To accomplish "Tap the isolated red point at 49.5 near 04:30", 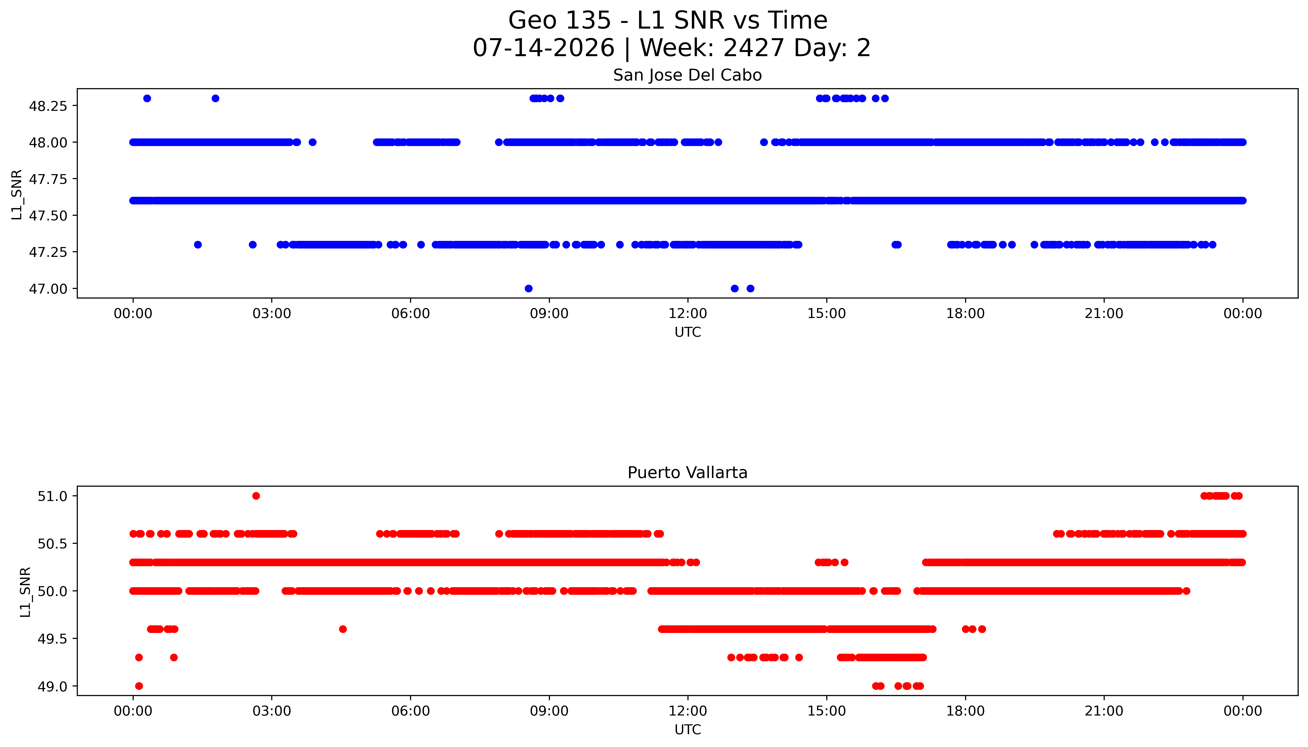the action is (343, 629).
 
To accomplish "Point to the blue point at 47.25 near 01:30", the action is (198, 245).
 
